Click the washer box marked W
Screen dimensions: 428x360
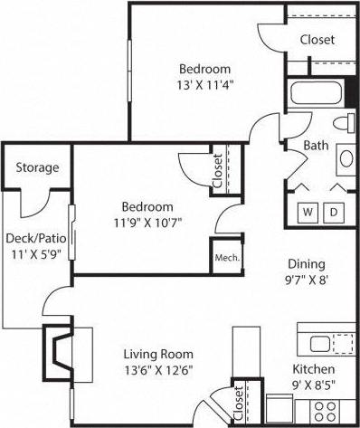click(x=308, y=212)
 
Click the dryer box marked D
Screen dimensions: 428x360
click(x=333, y=212)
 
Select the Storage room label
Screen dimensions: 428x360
click(x=38, y=167)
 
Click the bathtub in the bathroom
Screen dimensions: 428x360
click(x=316, y=93)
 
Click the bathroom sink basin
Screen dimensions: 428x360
click(x=347, y=159)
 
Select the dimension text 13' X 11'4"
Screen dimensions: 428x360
click(x=204, y=87)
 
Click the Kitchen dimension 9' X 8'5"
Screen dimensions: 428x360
click(x=313, y=387)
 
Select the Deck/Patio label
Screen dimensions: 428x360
click(x=35, y=238)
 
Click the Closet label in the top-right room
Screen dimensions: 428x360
click(x=317, y=40)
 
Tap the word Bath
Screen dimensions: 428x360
click(x=316, y=145)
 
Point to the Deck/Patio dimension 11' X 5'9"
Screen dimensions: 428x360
click(x=35, y=254)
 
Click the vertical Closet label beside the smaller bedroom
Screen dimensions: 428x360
click(x=217, y=170)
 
